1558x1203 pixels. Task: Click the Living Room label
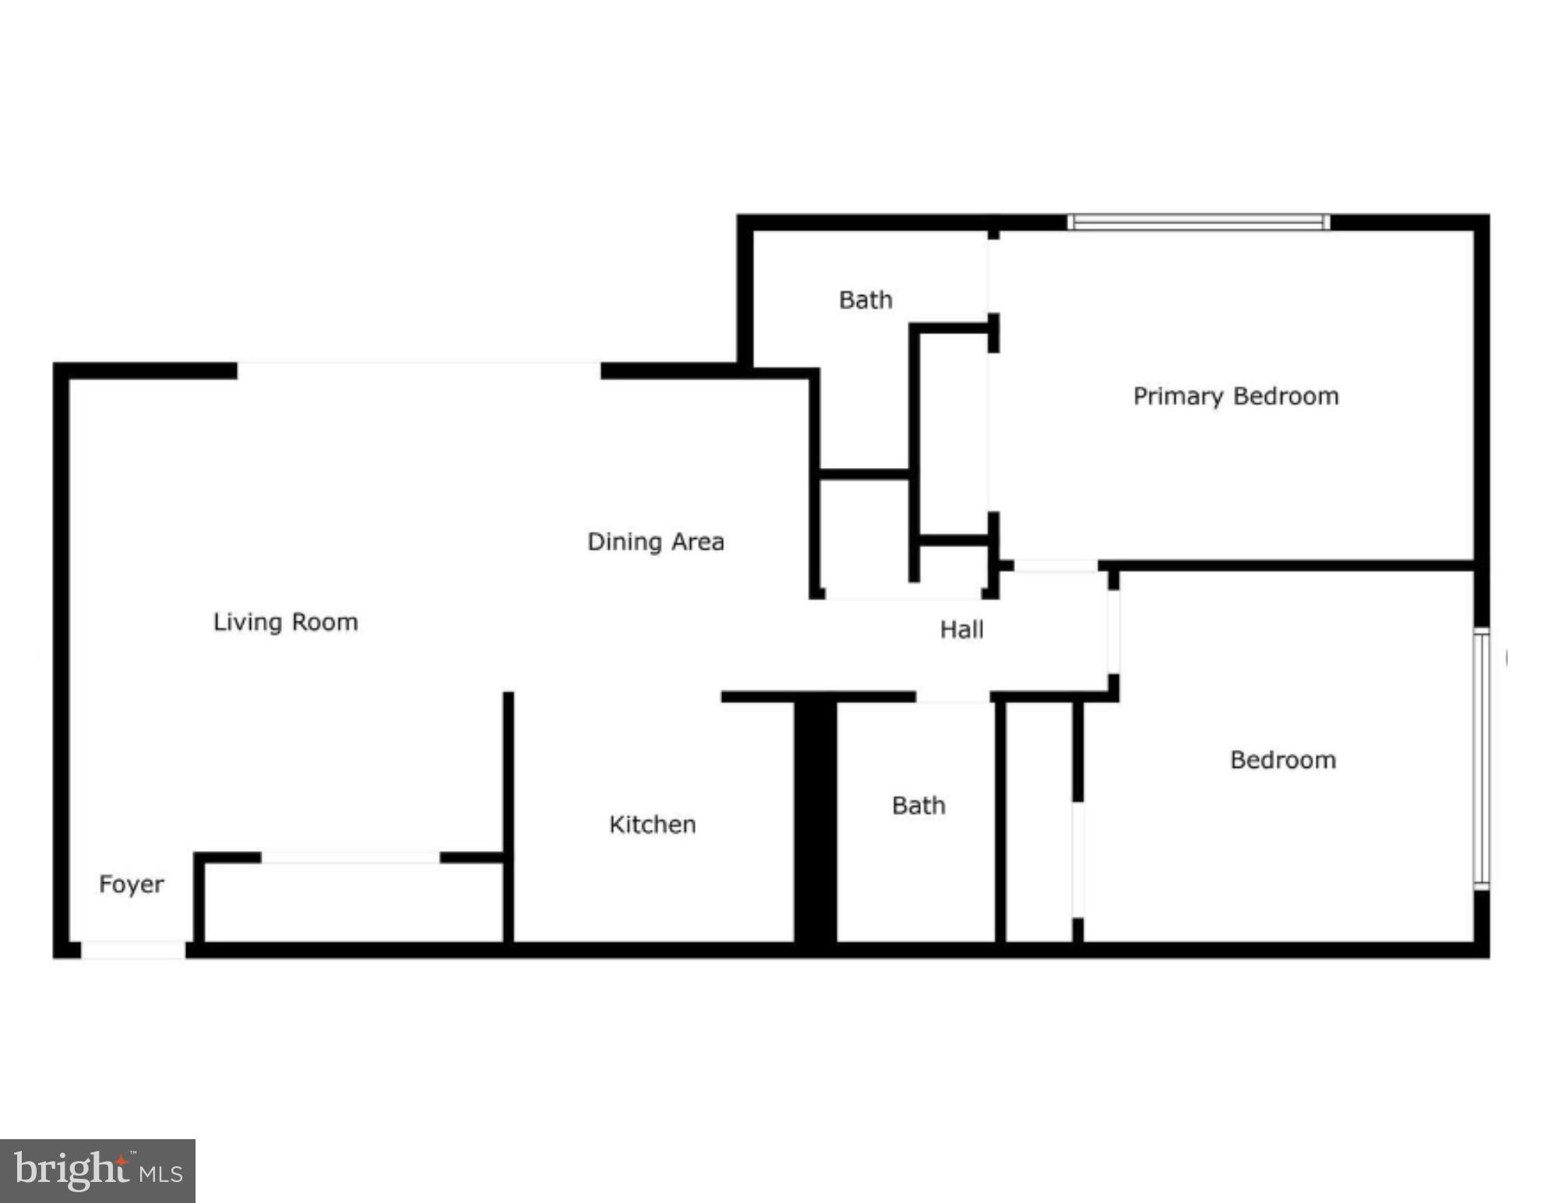tap(286, 622)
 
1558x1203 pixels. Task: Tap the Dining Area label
tap(655, 542)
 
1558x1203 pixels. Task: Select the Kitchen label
tap(652, 825)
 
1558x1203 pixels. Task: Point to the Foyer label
tap(132, 885)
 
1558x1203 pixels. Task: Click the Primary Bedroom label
tap(1235, 396)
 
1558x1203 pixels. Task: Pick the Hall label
tap(961, 629)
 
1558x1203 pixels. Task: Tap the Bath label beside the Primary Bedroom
tap(865, 300)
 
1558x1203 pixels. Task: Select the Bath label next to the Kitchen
tap(918, 805)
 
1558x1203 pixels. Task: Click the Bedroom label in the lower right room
tap(1283, 760)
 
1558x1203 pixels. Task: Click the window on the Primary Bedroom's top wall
tap(1198, 223)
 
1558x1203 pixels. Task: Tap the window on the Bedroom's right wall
tap(1482, 758)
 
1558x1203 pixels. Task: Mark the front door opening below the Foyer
tap(133, 950)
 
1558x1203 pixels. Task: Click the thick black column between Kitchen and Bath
tap(815, 821)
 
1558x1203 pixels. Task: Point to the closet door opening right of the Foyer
tap(351, 857)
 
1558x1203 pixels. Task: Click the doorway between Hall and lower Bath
tap(953, 697)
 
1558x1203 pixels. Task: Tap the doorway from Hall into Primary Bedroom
tap(1056, 566)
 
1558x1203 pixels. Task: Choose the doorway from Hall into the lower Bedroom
tap(1114, 631)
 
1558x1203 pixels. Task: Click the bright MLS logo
tap(97, 1170)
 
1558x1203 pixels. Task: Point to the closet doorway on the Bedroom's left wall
tap(1078, 860)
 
